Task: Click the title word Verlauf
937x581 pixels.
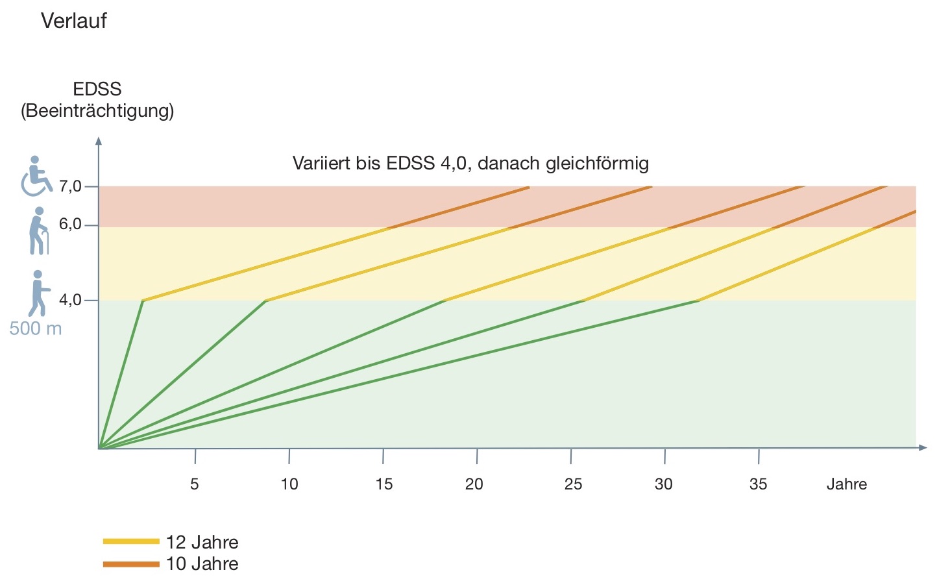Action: click(x=73, y=21)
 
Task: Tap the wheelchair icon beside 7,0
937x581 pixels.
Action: click(x=36, y=176)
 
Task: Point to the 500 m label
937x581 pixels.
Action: click(x=36, y=328)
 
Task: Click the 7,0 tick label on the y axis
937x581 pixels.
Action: click(x=70, y=187)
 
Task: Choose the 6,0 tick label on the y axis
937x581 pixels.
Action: click(x=70, y=225)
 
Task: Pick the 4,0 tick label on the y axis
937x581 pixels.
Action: click(x=70, y=300)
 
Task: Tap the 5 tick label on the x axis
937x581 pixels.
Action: click(x=195, y=484)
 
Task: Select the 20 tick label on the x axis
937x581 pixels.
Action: click(x=474, y=484)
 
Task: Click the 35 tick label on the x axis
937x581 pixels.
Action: click(x=758, y=484)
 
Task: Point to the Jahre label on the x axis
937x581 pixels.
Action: click(x=846, y=484)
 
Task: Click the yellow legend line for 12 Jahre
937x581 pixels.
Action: click(x=131, y=541)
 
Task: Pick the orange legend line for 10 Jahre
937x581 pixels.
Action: click(x=131, y=563)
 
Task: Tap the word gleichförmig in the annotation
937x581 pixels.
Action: click(x=597, y=164)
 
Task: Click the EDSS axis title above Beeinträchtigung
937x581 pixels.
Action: click(x=97, y=89)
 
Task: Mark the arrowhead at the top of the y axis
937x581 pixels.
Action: click(x=99, y=140)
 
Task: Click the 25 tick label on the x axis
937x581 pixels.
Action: click(x=573, y=484)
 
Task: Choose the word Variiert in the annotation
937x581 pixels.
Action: click(x=321, y=163)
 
